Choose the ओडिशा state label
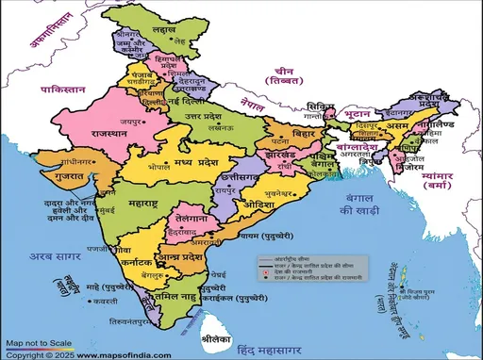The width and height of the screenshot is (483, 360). (257, 205)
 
